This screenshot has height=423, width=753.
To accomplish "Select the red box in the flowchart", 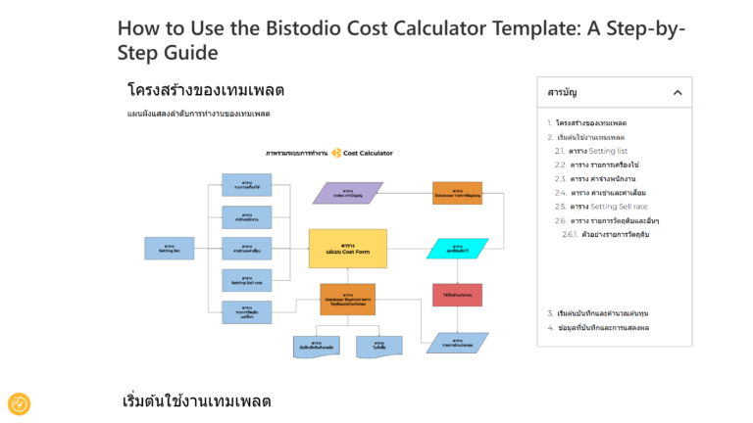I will (x=457, y=294).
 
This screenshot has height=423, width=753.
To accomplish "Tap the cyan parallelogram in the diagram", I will (x=457, y=248).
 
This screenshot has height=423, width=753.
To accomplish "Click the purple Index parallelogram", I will (x=347, y=193).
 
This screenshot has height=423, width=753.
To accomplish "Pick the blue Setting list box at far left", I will (x=169, y=248).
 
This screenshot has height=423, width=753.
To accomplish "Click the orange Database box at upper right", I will (x=457, y=193).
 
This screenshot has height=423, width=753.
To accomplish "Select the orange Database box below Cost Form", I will (x=347, y=299).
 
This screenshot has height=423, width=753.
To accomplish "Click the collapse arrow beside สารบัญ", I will (x=677, y=92).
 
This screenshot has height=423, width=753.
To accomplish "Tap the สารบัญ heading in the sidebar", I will (x=562, y=92).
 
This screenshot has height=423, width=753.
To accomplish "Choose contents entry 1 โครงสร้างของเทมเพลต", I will (x=589, y=122).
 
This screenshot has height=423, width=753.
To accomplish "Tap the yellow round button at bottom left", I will (x=19, y=403).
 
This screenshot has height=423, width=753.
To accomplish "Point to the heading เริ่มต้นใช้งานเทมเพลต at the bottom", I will (x=196, y=401).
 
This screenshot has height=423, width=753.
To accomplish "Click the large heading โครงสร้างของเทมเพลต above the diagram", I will (x=206, y=90).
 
